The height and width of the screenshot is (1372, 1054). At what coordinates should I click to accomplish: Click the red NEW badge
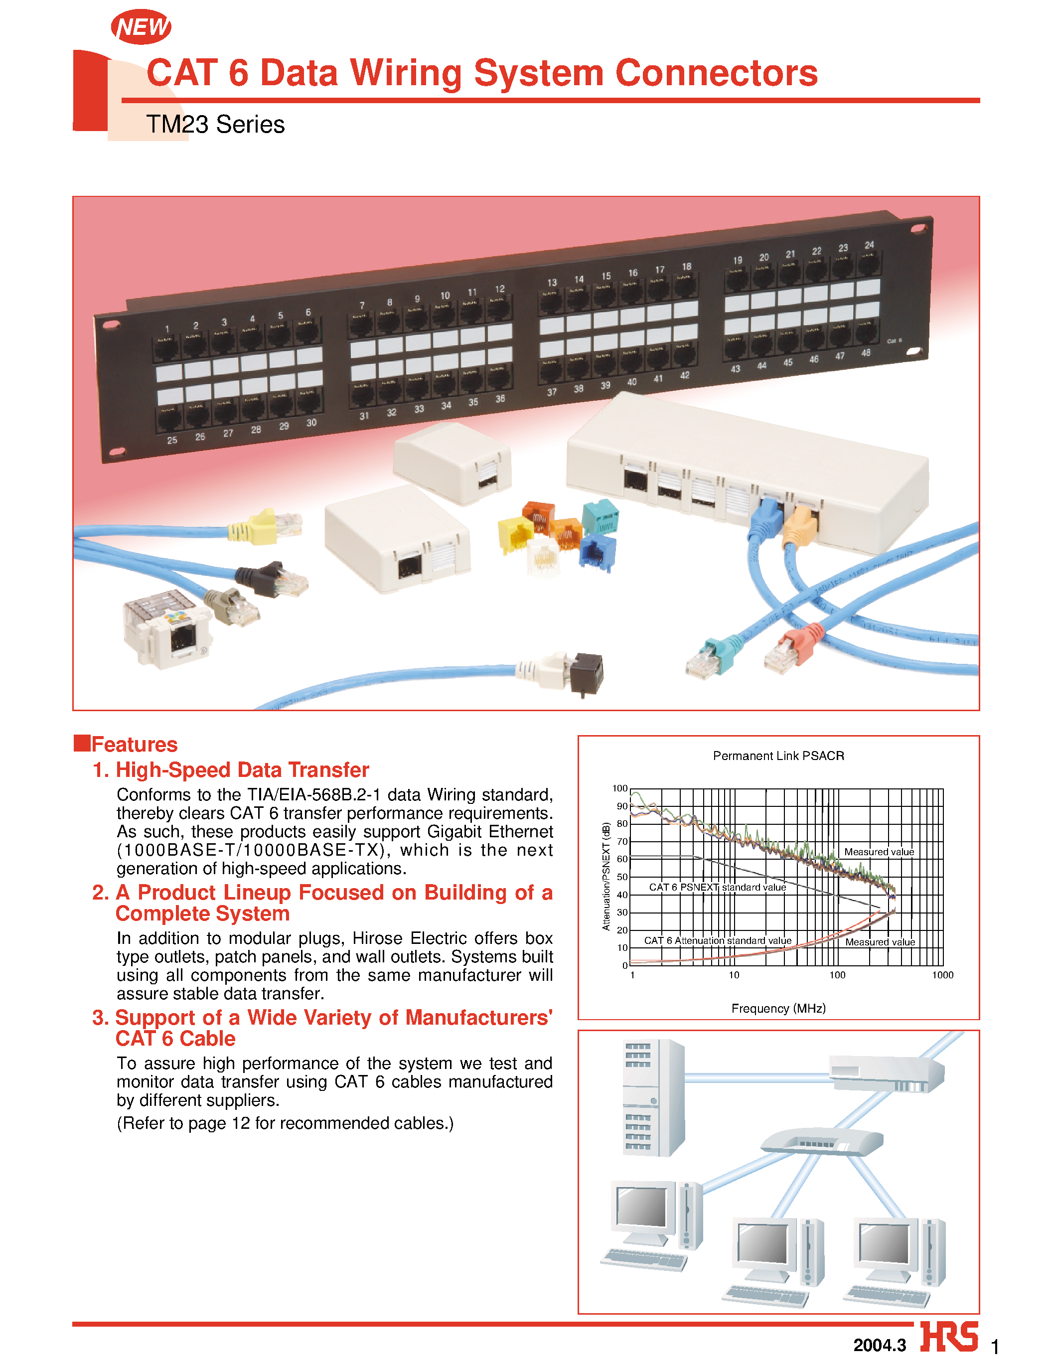coord(141,27)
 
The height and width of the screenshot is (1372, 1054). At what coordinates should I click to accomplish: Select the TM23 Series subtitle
coord(215,124)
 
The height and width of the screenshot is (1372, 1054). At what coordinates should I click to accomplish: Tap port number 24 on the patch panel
coord(869,245)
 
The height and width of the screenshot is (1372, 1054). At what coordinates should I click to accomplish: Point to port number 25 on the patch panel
coord(172,441)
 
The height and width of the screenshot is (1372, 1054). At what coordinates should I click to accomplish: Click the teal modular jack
coord(601,517)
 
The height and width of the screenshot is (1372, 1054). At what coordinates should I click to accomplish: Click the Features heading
coord(134,744)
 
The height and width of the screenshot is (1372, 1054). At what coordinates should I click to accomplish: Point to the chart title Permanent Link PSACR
coord(778,756)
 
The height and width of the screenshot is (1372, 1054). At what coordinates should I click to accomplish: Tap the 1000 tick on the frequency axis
coord(942,975)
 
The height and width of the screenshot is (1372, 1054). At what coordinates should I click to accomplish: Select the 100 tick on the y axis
coord(619,788)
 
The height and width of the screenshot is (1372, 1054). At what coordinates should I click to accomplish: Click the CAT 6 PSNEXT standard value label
coord(717,887)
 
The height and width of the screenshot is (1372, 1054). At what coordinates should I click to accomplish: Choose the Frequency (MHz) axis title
coord(778,1008)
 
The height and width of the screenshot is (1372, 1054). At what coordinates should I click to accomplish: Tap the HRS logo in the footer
coord(949,1337)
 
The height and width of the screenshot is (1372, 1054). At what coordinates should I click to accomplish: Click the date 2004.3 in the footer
coord(879,1345)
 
